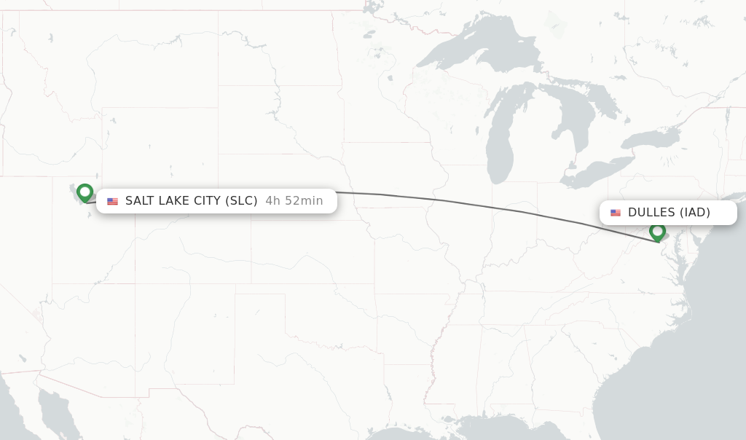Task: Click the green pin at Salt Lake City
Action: coord(85,192)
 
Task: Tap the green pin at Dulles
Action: coord(657,232)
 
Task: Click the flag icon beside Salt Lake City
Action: coord(112,201)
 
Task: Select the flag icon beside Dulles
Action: coord(616,213)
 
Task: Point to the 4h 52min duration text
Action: coord(294,201)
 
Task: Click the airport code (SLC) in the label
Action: coord(241,201)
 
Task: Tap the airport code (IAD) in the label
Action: coord(694,213)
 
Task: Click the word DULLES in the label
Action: coord(651,213)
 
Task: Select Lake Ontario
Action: coord(648,138)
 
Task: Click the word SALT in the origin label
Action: coord(139,201)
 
